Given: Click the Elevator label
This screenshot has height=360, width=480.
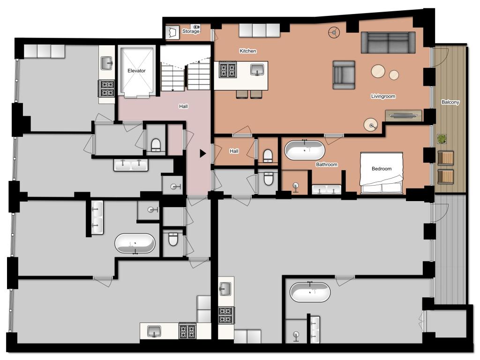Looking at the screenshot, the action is tap(136, 71).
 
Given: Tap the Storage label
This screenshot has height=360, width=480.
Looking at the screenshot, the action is tap(191, 31).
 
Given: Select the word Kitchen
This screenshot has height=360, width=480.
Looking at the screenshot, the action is tap(248, 51).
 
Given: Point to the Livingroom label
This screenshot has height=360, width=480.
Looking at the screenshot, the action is tap(383, 96).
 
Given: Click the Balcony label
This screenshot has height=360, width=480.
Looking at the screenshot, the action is tap(450, 102).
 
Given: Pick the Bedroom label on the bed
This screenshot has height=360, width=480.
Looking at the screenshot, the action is tap(382, 169).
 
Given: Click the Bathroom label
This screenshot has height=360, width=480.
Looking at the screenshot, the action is tap(327, 165).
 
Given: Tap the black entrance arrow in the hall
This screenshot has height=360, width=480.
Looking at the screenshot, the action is tap(202, 153).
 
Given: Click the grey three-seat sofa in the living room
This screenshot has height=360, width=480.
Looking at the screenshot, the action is tap(388, 43).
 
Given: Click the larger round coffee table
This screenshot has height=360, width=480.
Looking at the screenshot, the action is tap(378, 72).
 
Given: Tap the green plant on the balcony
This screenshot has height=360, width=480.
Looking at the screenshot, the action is tap(441, 139).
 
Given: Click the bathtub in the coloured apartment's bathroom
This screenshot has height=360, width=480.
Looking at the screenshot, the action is tap(305, 150).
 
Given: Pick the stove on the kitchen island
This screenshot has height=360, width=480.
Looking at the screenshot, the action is tap(228, 70).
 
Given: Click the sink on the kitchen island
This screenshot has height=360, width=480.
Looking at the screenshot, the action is tap(257, 69).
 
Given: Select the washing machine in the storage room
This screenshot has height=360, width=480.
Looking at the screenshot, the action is tap(172, 32).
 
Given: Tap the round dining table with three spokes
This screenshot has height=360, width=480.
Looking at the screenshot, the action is tap(334, 32).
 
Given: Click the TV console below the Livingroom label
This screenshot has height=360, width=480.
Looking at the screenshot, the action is tap(404, 115).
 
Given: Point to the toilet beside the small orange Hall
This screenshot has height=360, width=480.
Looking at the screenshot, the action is tap(268, 156).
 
